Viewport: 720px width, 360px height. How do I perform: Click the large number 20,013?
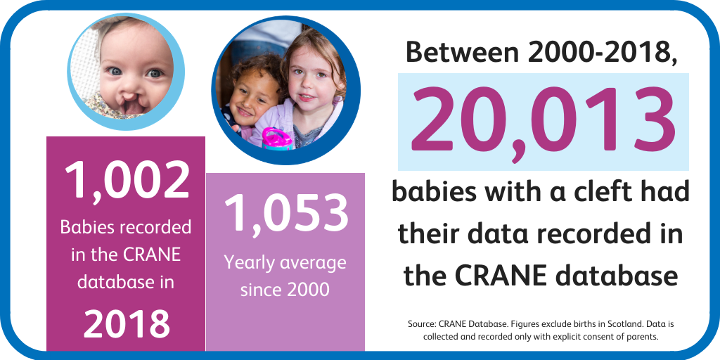coord(544,122)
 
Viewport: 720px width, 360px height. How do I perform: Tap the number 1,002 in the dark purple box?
coord(127,181)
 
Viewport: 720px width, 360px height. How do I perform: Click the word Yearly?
coord(249,264)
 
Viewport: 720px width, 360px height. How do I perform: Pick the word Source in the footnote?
coord(419,323)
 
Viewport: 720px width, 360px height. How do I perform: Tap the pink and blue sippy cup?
coord(277,139)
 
